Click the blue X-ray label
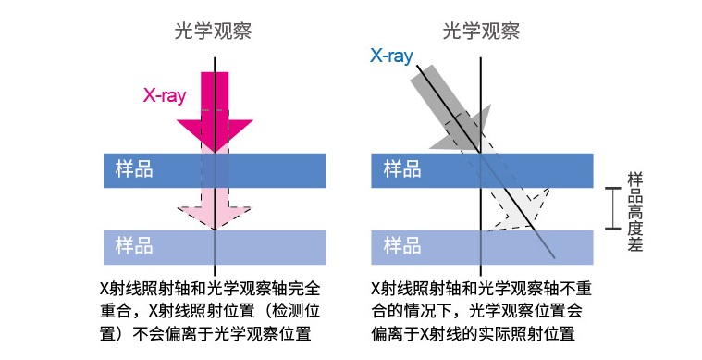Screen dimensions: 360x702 click(x=390, y=56)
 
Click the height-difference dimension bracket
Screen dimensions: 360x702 click(x=611, y=207)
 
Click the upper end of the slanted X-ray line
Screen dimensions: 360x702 click(x=418, y=64)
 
